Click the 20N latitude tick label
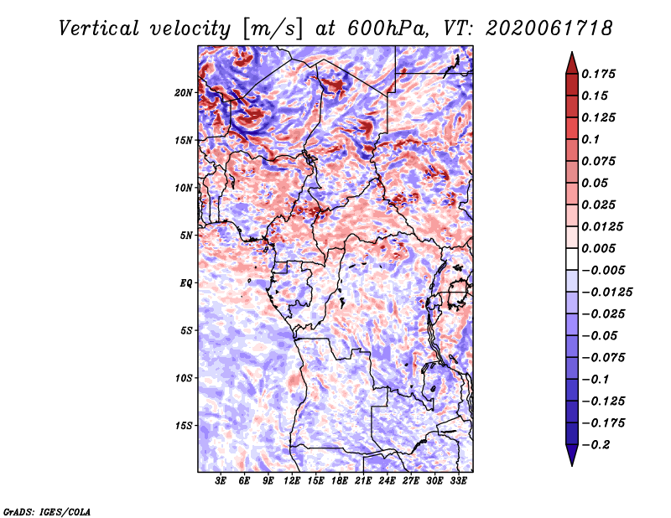[x=184, y=93]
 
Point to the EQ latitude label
[x=186, y=283]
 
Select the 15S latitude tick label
[x=184, y=426]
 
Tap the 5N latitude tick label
[x=186, y=236]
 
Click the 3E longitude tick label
[x=221, y=481]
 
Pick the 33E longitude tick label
[x=458, y=481]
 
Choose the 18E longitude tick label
[x=340, y=481]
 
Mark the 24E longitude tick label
[x=388, y=481]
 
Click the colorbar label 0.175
[x=598, y=74]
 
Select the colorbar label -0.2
[x=596, y=445]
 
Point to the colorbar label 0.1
[x=590, y=139]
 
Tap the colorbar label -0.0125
[x=606, y=293]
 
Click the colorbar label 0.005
[x=598, y=248]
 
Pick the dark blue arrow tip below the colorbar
[x=572, y=465]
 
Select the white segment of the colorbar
[x=572, y=259]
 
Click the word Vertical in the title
[x=99, y=28]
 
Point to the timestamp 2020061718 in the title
[x=549, y=28]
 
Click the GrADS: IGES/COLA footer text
[x=47, y=512]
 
